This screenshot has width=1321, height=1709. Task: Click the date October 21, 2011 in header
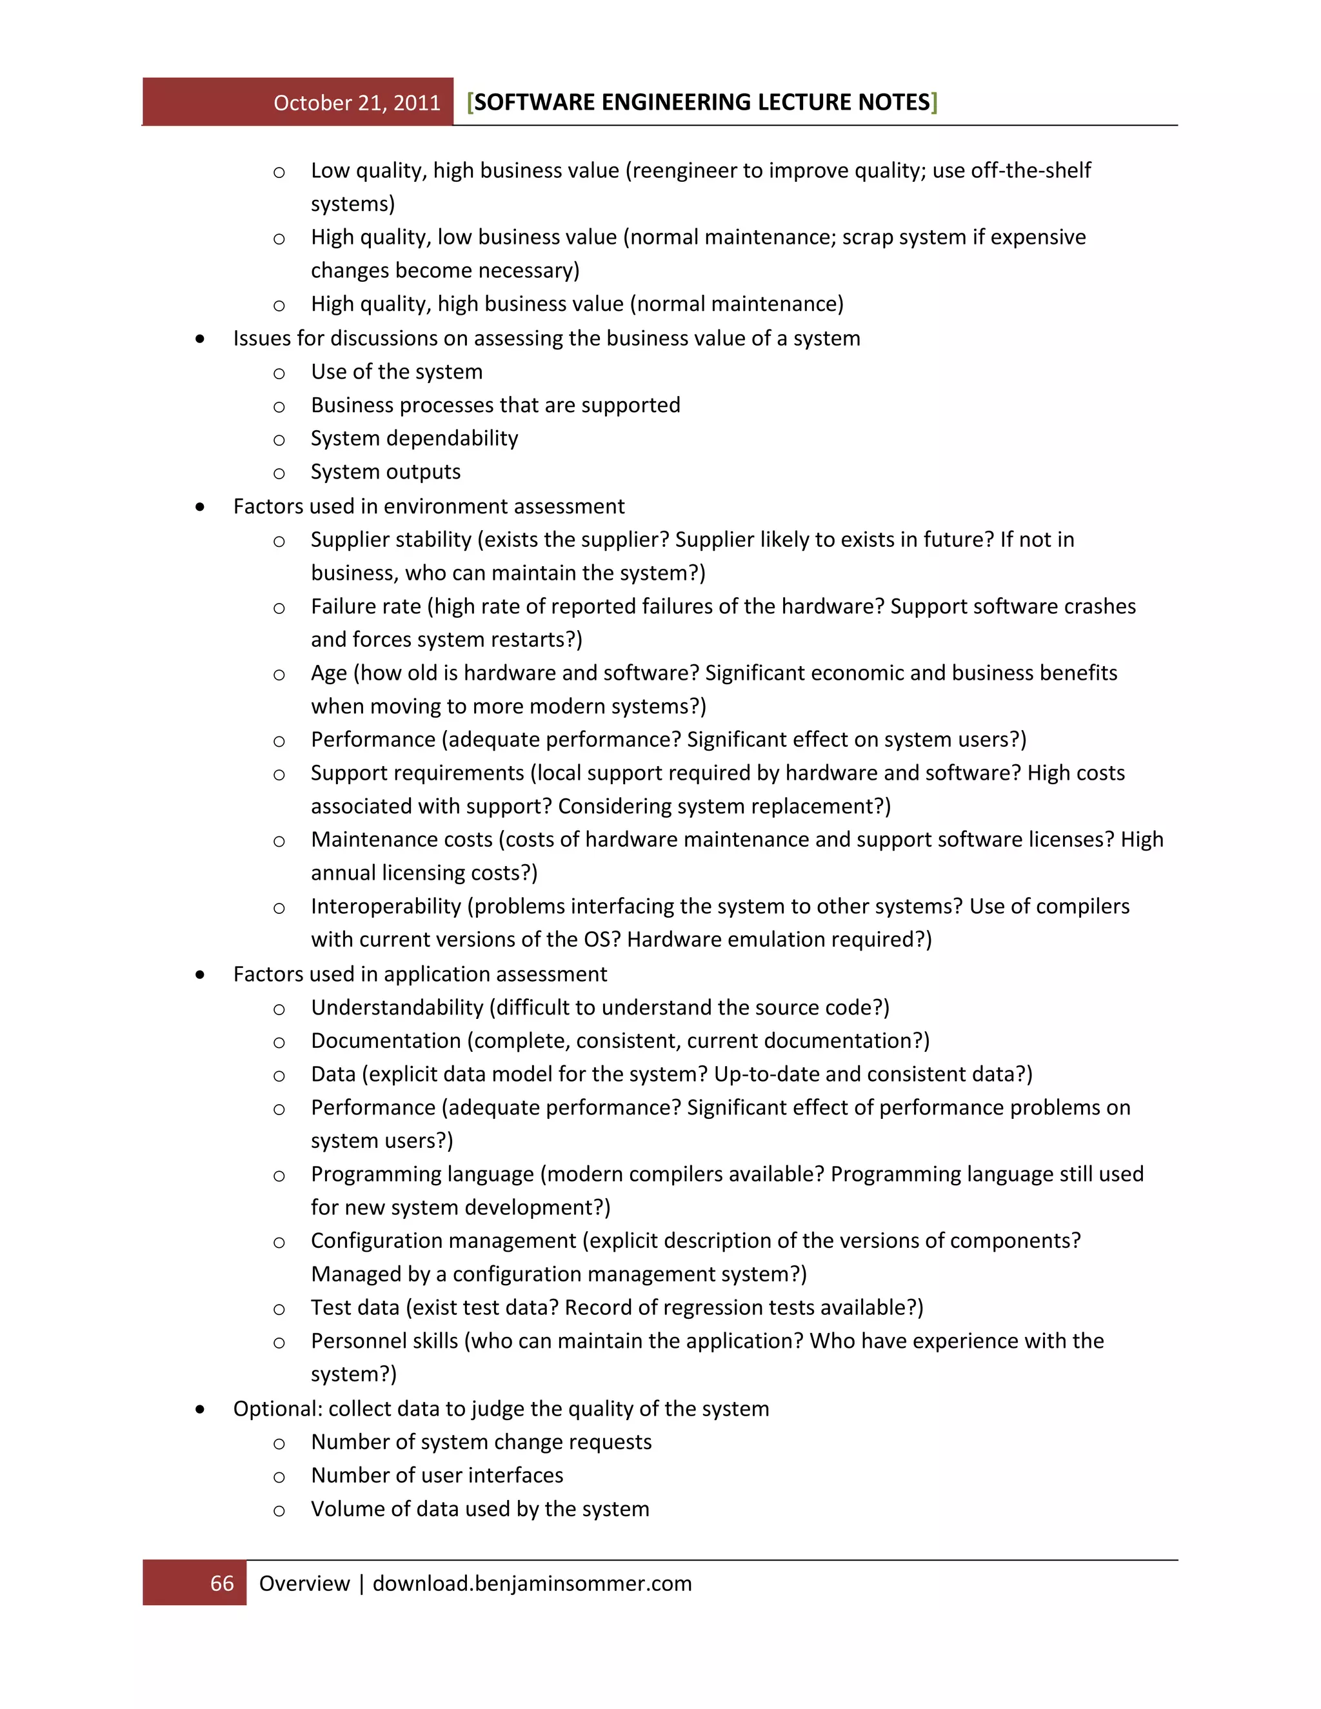tap(357, 103)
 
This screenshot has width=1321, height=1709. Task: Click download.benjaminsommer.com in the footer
tap(532, 1584)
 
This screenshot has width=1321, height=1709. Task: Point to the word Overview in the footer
tap(304, 1584)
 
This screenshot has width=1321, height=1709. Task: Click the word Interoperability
tap(386, 906)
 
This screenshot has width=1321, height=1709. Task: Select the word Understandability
tap(397, 1008)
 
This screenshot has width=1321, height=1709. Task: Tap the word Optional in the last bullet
tap(277, 1409)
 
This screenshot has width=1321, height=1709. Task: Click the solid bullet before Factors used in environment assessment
tap(201, 507)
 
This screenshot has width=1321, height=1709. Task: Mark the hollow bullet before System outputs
tap(279, 473)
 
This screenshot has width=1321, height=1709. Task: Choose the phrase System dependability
tap(414, 438)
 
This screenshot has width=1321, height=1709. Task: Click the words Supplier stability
tap(390, 540)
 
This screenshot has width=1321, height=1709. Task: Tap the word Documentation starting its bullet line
tap(386, 1041)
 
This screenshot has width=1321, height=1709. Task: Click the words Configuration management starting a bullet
tap(443, 1241)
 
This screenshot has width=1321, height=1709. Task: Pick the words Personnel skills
tap(384, 1341)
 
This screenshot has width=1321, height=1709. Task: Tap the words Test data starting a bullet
tap(355, 1308)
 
